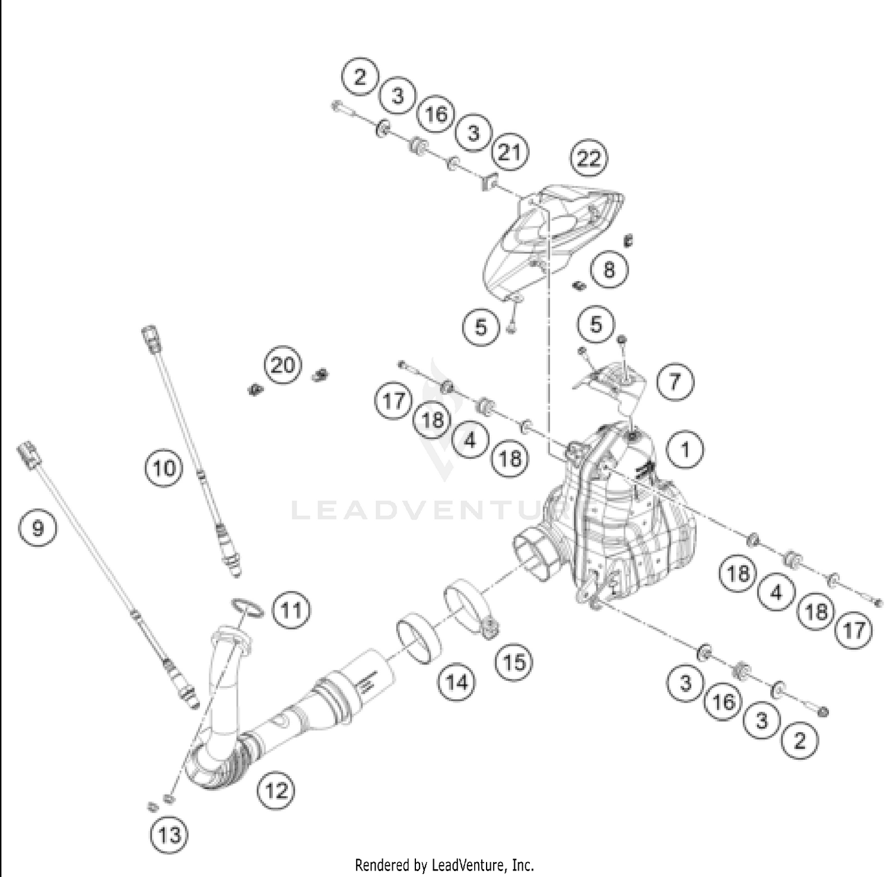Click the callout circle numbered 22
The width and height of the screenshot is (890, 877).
(x=589, y=159)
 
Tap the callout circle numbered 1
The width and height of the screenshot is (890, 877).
(x=685, y=450)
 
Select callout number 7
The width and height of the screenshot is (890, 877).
(x=675, y=381)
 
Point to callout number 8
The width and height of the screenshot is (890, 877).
(x=609, y=270)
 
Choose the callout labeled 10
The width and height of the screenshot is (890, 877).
(x=164, y=468)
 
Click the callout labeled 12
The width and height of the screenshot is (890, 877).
(x=276, y=790)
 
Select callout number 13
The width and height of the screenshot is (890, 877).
(x=169, y=835)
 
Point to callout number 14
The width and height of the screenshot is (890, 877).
(x=456, y=683)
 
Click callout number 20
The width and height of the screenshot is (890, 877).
(x=282, y=365)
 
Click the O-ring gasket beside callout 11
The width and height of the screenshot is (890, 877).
(x=247, y=607)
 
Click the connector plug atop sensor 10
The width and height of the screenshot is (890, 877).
(x=150, y=336)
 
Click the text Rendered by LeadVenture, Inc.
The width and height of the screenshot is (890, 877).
(x=444, y=865)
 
